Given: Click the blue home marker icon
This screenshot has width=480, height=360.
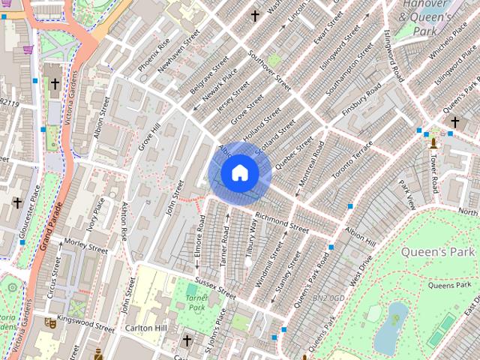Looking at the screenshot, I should (239, 173).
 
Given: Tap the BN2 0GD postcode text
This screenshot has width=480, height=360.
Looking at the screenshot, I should (328, 298).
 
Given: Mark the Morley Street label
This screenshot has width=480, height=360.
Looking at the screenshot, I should (86, 244).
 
